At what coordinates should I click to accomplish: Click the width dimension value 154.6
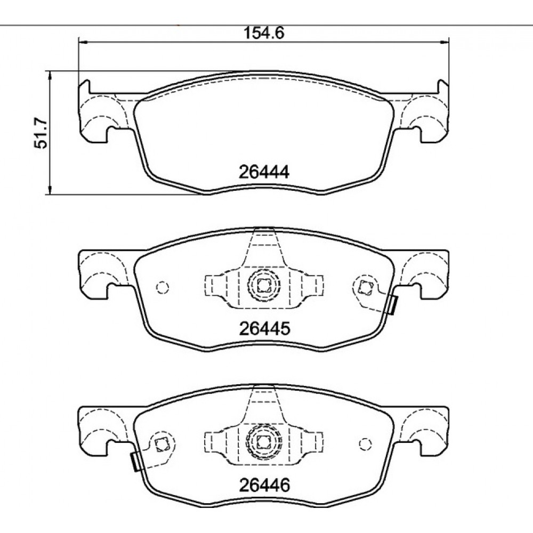(x=264, y=33)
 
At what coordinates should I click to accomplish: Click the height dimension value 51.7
(x=41, y=133)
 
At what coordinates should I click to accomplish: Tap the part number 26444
(x=264, y=172)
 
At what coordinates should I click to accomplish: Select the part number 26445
(x=265, y=328)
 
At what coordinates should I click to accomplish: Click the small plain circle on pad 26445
(x=163, y=288)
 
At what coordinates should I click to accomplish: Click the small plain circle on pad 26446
(x=365, y=444)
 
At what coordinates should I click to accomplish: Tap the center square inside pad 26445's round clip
(x=263, y=285)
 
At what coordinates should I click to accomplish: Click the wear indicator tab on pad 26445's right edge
(x=393, y=305)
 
